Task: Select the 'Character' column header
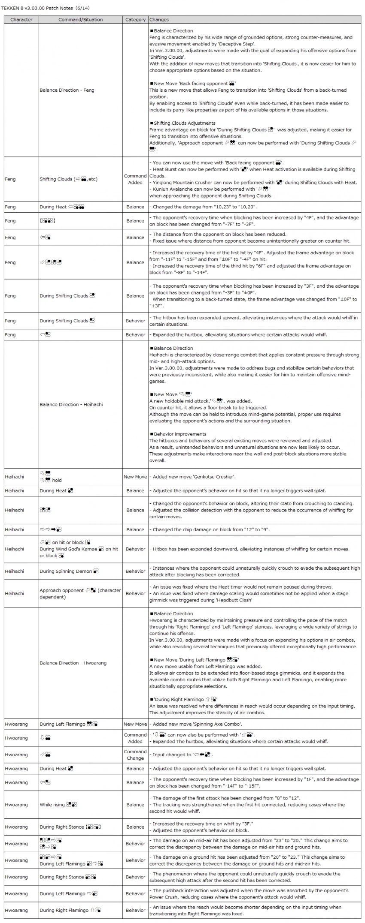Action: [21, 20]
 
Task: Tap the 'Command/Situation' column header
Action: [80, 20]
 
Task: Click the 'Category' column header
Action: [135, 20]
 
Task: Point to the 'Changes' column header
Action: [159, 20]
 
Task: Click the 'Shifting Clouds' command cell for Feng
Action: [69, 179]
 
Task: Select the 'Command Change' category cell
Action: [135, 755]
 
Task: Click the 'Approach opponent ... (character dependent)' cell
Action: [80, 593]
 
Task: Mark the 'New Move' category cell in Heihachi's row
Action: [135, 477]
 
